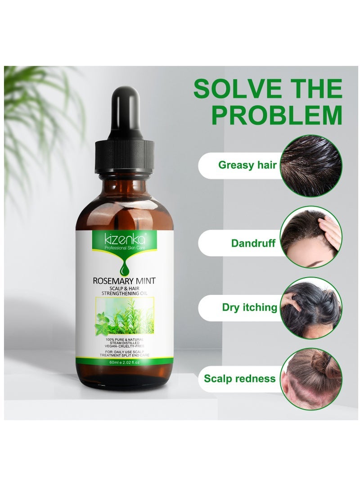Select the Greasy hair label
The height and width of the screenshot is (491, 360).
click(247, 165)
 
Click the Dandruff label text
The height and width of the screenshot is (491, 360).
click(253, 243)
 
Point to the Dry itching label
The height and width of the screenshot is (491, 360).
click(250, 307)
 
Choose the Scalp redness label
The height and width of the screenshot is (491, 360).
click(239, 378)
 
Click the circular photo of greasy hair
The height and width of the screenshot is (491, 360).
click(311, 166)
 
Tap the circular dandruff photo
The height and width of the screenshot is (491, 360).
click(311, 237)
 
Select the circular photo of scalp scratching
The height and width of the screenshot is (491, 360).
click(311, 308)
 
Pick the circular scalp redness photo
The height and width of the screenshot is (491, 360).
click(311, 378)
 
